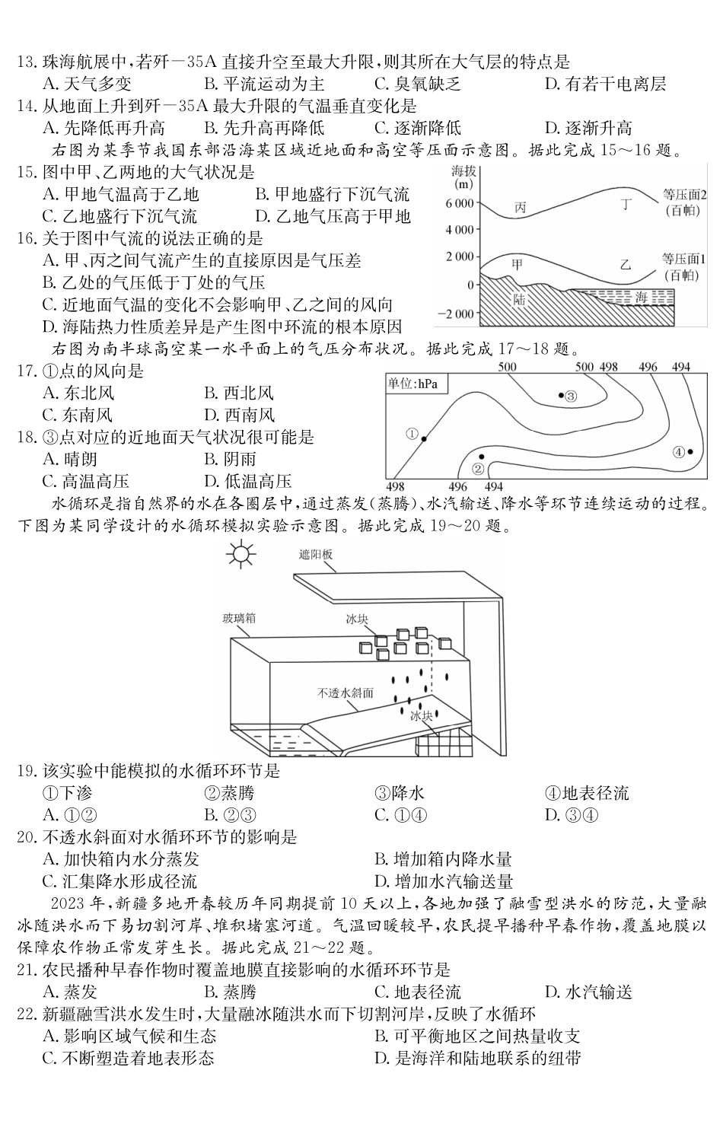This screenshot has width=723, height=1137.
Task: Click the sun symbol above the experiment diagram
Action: point(240,554)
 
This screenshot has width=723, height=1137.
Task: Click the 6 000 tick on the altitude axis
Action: point(459,203)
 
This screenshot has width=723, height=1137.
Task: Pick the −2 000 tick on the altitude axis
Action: point(454,314)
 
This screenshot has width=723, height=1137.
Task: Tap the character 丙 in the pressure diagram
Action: point(521,207)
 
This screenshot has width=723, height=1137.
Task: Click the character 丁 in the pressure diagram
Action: point(626,203)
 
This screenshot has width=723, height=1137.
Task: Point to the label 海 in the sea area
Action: point(642,298)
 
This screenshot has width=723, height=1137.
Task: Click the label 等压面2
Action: point(684,194)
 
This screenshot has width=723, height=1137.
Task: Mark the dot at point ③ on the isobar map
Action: point(562,395)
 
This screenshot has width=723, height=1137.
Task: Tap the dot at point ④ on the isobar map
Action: point(690,451)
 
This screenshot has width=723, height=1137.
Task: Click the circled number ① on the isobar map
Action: point(412,434)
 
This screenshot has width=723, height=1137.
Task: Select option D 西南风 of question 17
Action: point(239,416)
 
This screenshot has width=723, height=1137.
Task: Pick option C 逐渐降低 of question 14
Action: point(417,128)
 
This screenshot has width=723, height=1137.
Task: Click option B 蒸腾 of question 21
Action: point(230,992)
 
